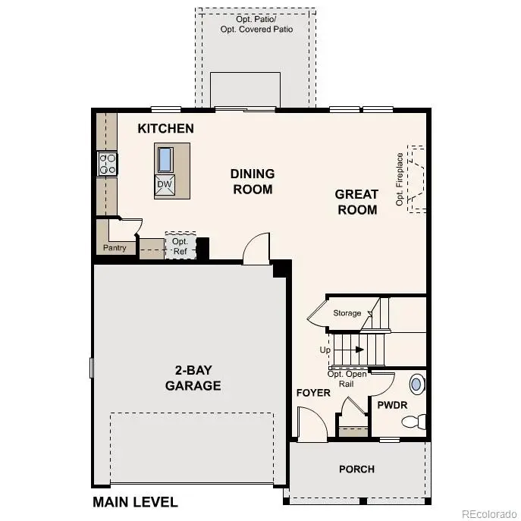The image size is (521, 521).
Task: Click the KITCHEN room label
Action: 165,129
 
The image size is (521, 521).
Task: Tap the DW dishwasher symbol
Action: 165,184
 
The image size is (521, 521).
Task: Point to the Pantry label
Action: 115,248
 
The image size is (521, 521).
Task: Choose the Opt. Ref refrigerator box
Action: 180,246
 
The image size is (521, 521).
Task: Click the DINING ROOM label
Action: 253,181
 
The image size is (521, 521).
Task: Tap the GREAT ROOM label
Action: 356,202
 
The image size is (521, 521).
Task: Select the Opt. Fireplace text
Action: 400,179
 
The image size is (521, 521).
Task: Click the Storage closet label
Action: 347,312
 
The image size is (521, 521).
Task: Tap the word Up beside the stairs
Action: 325,350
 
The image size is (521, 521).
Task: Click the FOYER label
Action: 313,393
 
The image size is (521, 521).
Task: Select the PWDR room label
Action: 393,405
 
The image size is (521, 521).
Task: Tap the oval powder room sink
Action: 417,383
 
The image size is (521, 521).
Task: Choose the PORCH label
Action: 356,469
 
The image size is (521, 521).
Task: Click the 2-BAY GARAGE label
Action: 193,378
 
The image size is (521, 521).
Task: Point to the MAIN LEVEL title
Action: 135,502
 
